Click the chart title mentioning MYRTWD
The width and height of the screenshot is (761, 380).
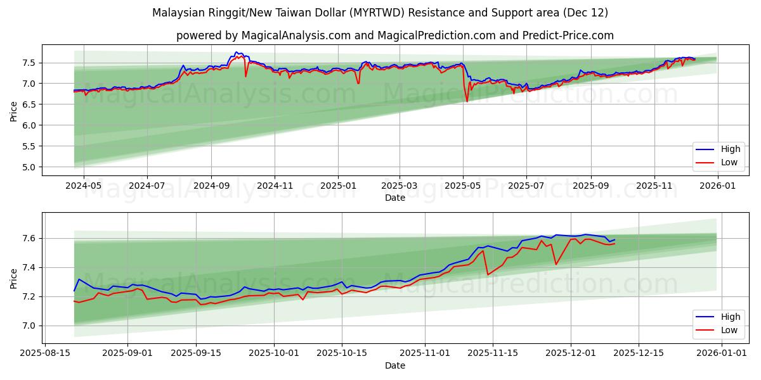tap(380, 13)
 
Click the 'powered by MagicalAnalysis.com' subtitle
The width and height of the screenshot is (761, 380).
tap(394, 35)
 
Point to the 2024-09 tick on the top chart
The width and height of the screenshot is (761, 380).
tap(211, 186)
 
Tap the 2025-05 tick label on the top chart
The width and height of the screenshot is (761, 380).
tap(463, 186)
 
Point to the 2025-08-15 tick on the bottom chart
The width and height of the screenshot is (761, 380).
tap(45, 353)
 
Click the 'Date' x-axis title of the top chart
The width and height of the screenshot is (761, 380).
tap(394, 198)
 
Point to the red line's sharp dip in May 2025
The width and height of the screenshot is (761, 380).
tap(467, 101)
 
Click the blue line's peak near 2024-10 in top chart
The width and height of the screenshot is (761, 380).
tap(236, 52)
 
